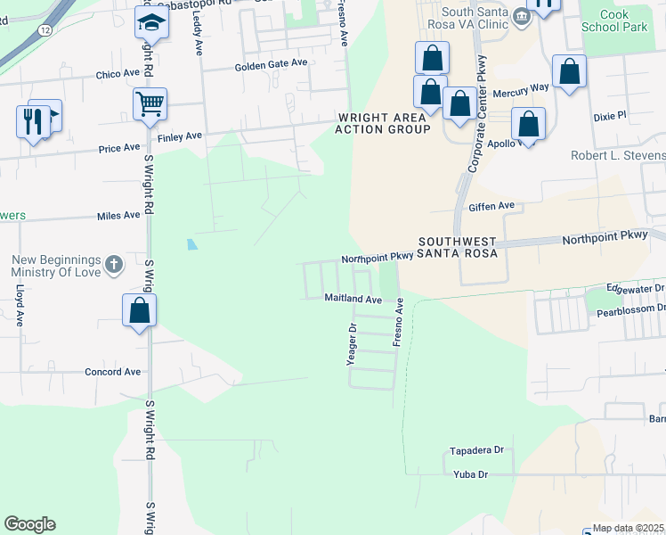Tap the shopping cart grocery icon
tap(150, 103)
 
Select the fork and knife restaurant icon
tap(33, 120)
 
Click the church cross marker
tap(113, 264)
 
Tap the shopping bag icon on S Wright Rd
tap(140, 310)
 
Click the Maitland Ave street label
tap(353, 299)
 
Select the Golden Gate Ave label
tap(271, 65)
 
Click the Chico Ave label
tap(119, 73)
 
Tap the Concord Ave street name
tap(113, 372)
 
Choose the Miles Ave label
tap(118, 216)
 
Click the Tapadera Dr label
tap(477, 451)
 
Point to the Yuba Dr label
tap(471, 474)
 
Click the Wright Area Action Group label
tap(382, 123)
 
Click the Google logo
tap(29, 524)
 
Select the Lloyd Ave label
tap(19, 306)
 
